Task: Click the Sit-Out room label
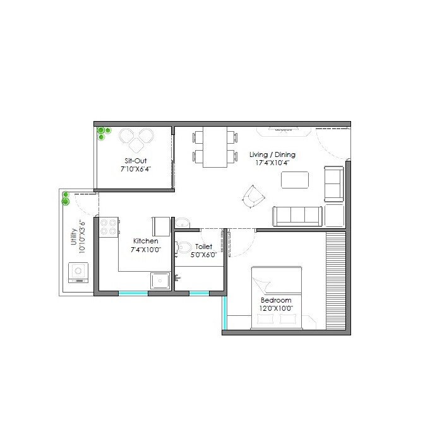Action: [136, 161]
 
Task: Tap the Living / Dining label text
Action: [272, 154]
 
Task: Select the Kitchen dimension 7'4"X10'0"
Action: [146, 250]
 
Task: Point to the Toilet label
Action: [204, 247]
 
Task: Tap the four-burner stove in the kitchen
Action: [109, 226]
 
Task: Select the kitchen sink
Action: [159, 279]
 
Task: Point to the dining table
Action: [215, 147]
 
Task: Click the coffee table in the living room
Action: [295, 180]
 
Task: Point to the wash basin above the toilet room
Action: [182, 223]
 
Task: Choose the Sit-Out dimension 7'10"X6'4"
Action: [136, 170]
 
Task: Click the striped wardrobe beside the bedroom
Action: [337, 280]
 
